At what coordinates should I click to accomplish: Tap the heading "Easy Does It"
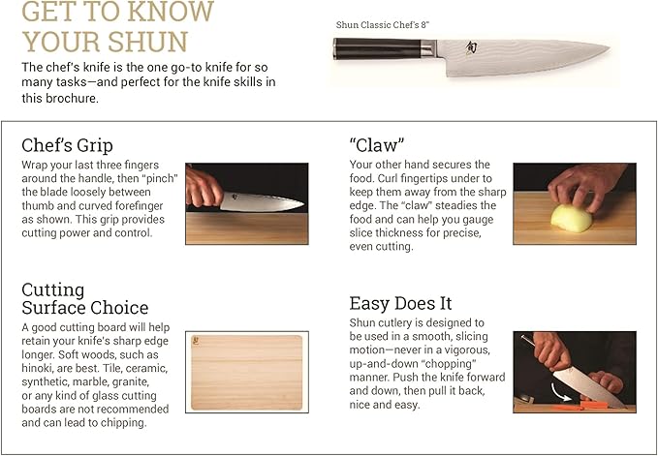[x=400, y=303]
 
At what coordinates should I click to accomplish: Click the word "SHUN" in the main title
[x=143, y=42]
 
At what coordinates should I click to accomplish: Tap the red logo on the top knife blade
[x=471, y=47]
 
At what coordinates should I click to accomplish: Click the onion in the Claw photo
[x=570, y=217]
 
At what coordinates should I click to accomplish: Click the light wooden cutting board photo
[x=246, y=372]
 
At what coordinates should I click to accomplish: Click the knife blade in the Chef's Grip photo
[x=262, y=202]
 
